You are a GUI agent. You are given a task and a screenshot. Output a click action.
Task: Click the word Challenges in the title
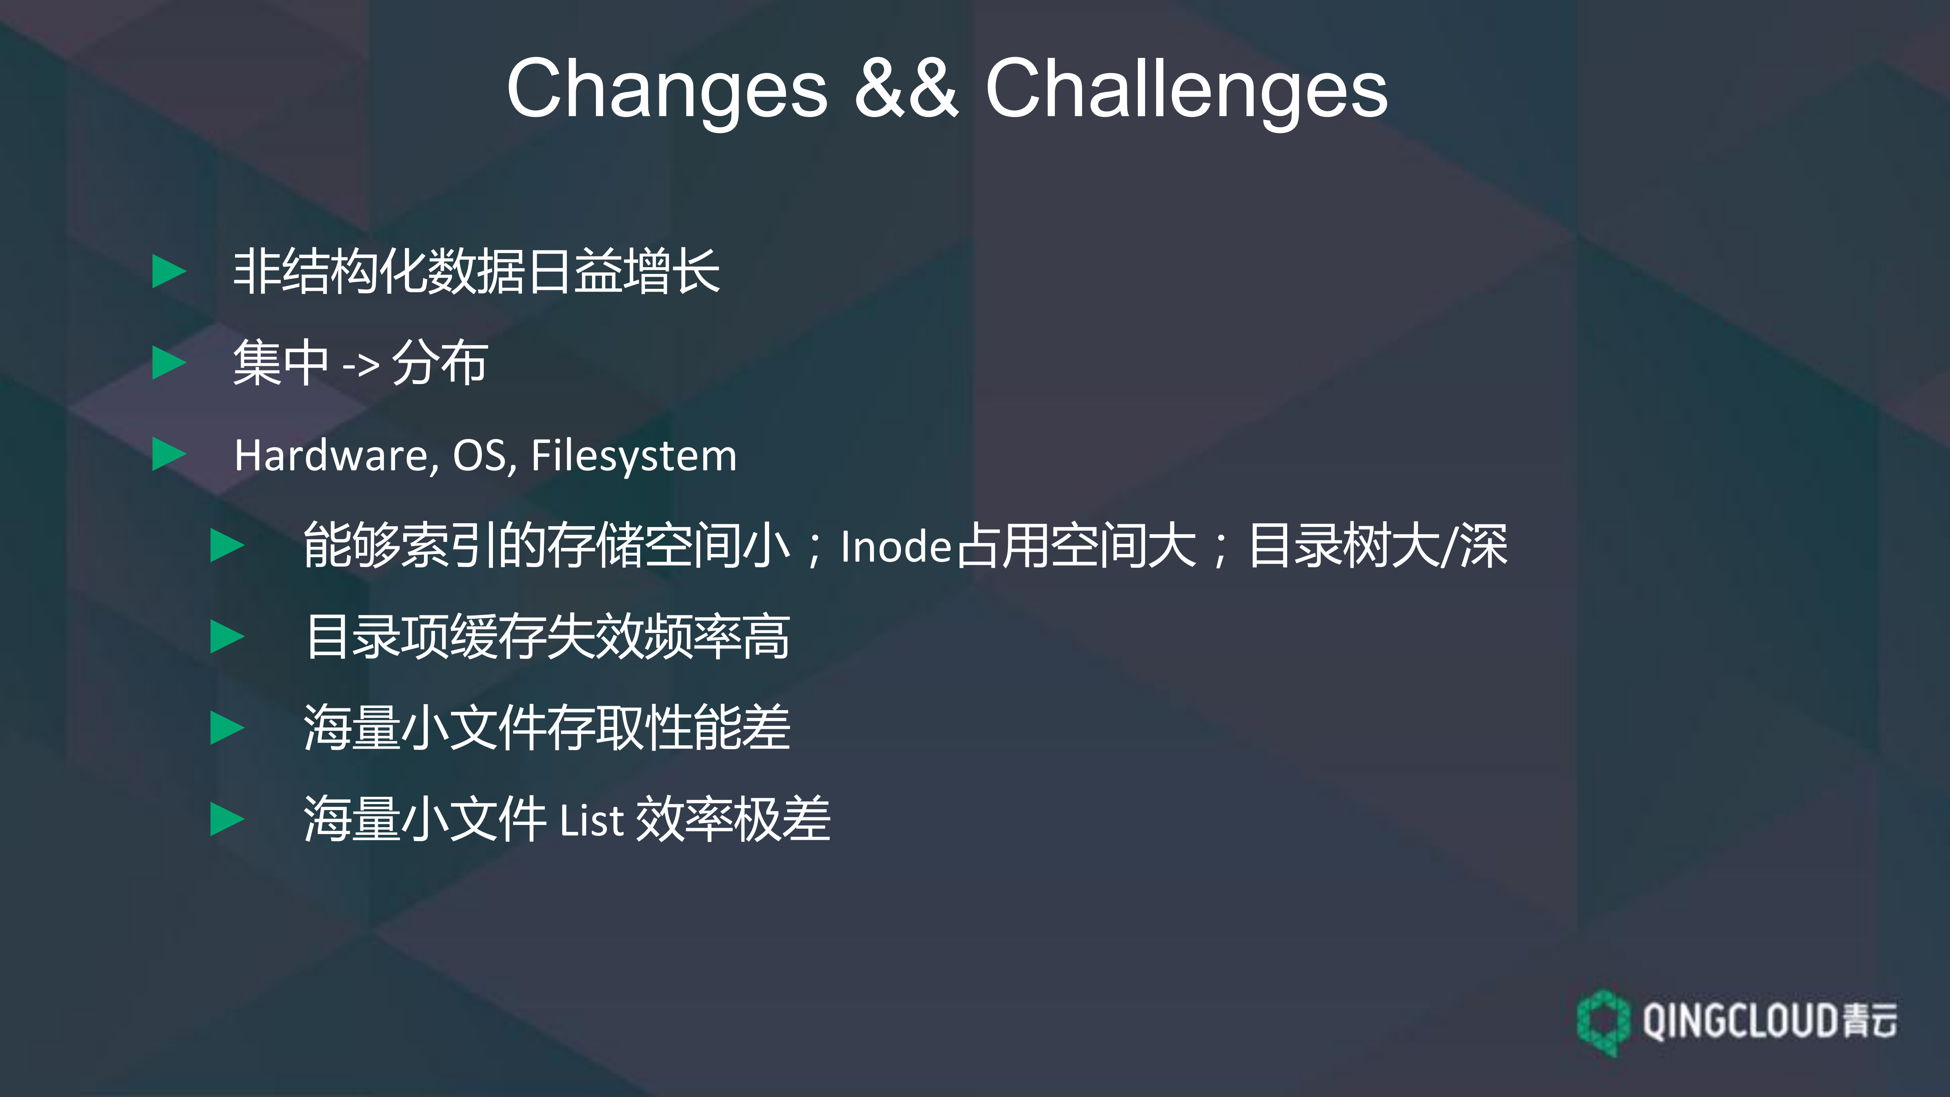[1186, 89]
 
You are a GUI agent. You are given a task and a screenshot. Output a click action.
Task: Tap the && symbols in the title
[906, 89]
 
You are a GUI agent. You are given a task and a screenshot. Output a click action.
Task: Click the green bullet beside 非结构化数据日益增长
[169, 272]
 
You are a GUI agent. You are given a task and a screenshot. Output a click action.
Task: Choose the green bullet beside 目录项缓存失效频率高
[226, 637]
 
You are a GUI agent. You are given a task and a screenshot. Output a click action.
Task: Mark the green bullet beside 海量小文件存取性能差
[226, 728]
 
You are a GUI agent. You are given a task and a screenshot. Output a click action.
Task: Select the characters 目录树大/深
[1378, 545]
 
